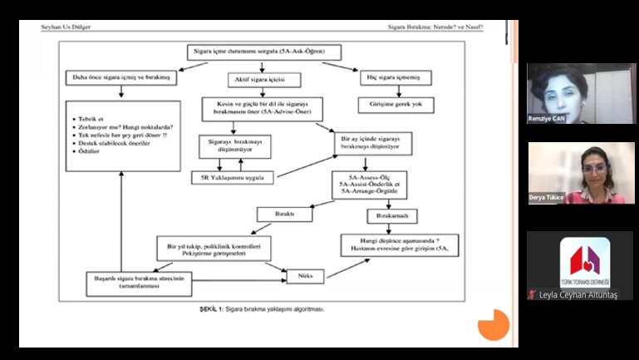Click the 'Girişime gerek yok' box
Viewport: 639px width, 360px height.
pos(396,106)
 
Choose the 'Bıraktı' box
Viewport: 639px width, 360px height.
pos(284,215)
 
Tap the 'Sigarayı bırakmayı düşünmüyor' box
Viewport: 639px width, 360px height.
pos(235,145)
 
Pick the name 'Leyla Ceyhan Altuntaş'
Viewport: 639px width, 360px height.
pos(580,294)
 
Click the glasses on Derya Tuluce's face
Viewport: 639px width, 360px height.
pos(594,169)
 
